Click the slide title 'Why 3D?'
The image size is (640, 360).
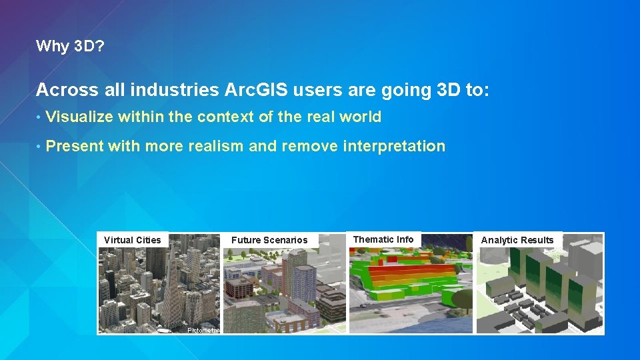click(70, 46)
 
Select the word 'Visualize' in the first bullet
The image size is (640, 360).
click(80, 117)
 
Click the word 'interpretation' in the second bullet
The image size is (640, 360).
click(393, 146)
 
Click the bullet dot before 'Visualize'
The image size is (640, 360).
click(39, 118)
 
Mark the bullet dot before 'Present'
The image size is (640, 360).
click(39, 147)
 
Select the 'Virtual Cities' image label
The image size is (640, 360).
click(133, 240)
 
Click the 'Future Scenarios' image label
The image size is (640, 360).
click(269, 240)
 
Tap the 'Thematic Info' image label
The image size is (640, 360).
click(383, 239)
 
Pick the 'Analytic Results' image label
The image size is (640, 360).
click(517, 240)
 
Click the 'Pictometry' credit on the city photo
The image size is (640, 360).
click(202, 330)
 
